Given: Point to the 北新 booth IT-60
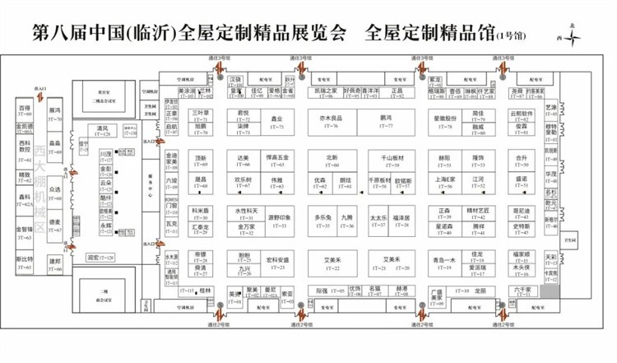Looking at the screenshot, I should click(332, 159).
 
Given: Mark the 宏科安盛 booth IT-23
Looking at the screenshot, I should click(277, 263).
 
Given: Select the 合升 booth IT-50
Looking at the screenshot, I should click(521, 159).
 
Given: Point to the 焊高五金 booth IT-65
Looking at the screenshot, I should click(277, 159).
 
